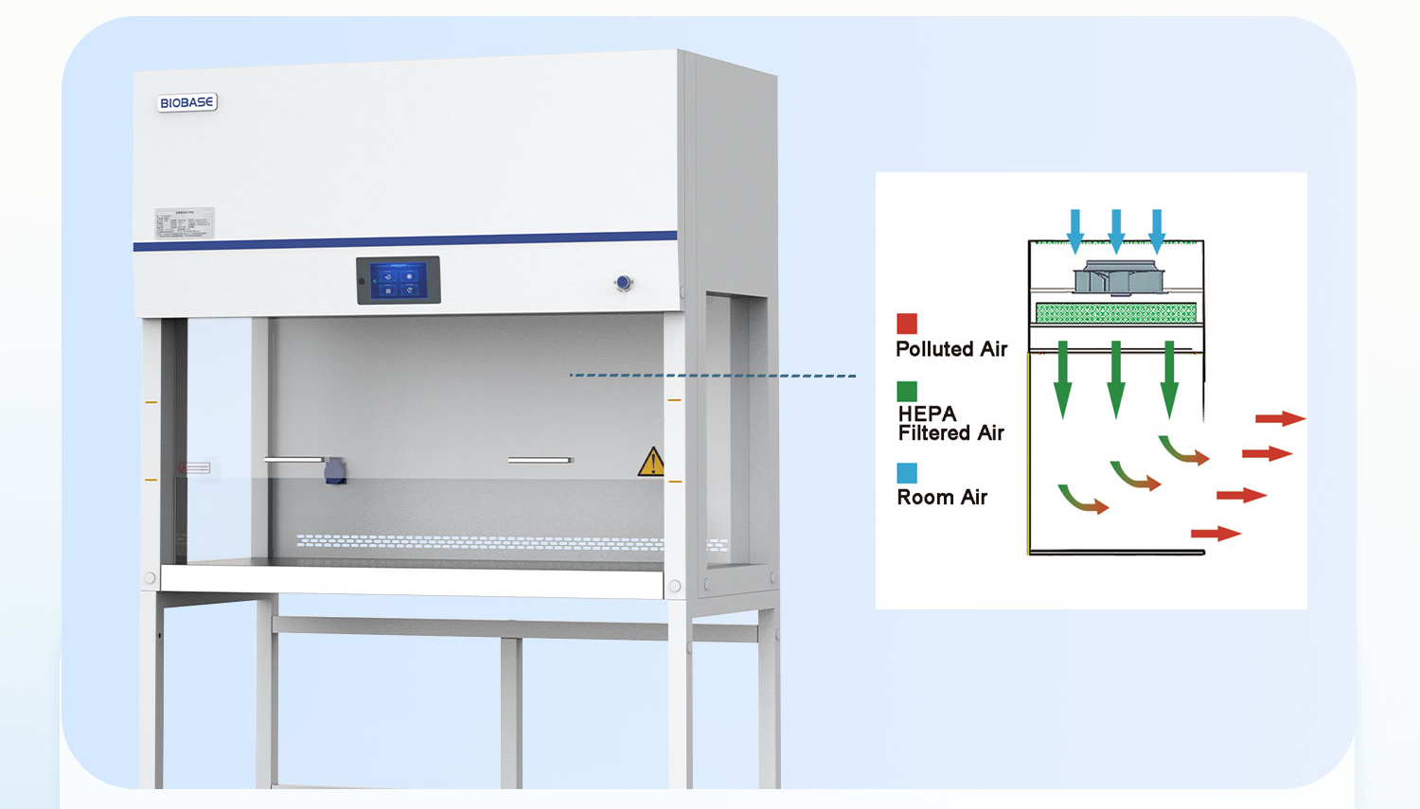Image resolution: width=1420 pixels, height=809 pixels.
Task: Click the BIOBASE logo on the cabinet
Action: point(187,102)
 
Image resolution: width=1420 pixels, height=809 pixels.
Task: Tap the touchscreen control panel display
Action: point(399,281)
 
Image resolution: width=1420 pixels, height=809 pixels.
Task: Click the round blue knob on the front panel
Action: point(623,283)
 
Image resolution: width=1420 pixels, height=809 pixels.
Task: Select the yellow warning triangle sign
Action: point(651,462)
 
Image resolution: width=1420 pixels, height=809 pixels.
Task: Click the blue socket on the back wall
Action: point(334,470)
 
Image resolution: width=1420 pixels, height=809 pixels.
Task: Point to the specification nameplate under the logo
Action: point(185,223)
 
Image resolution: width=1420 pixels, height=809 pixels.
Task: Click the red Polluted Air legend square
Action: point(907,324)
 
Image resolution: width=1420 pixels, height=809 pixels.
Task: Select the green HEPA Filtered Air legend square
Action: point(907,391)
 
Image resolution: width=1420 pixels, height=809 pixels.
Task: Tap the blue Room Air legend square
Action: point(907,473)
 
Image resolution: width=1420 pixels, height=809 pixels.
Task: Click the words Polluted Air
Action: point(951,349)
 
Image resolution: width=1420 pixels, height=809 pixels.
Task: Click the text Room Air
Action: point(942,498)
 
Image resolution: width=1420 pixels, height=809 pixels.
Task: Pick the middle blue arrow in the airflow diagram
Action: point(1116,231)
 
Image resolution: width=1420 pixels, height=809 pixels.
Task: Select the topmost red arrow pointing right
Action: point(1280,418)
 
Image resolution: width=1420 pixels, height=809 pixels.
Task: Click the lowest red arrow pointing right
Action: point(1216,535)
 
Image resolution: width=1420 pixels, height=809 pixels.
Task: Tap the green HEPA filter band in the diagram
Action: point(1116,312)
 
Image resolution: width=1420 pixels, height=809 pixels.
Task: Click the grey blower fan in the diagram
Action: point(1118,278)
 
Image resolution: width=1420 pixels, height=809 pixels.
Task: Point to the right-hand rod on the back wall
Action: point(540,461)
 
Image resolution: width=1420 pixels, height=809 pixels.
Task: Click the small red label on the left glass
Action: point(195,467)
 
